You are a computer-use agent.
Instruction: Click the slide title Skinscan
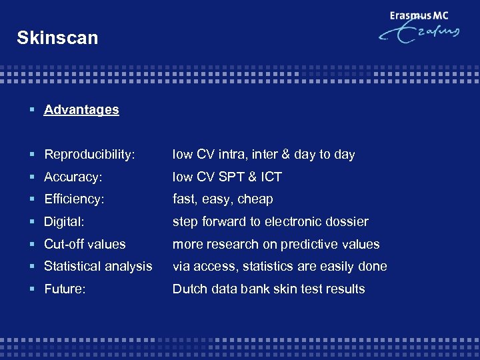click(57, 38)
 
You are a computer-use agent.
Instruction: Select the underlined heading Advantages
click(81, 110)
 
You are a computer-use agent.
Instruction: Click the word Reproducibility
click(89, 155)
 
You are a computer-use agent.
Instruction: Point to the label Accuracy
click(72, 177)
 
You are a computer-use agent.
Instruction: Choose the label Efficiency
click(74, 199)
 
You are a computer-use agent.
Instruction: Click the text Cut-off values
click(85, 245)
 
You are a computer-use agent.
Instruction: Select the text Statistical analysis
click(98, 267)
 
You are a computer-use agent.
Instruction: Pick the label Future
click(65, 289)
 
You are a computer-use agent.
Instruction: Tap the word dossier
click(345, 222)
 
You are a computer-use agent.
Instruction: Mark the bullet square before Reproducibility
click(34, 155)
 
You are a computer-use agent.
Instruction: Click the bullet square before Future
click(34, 289)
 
